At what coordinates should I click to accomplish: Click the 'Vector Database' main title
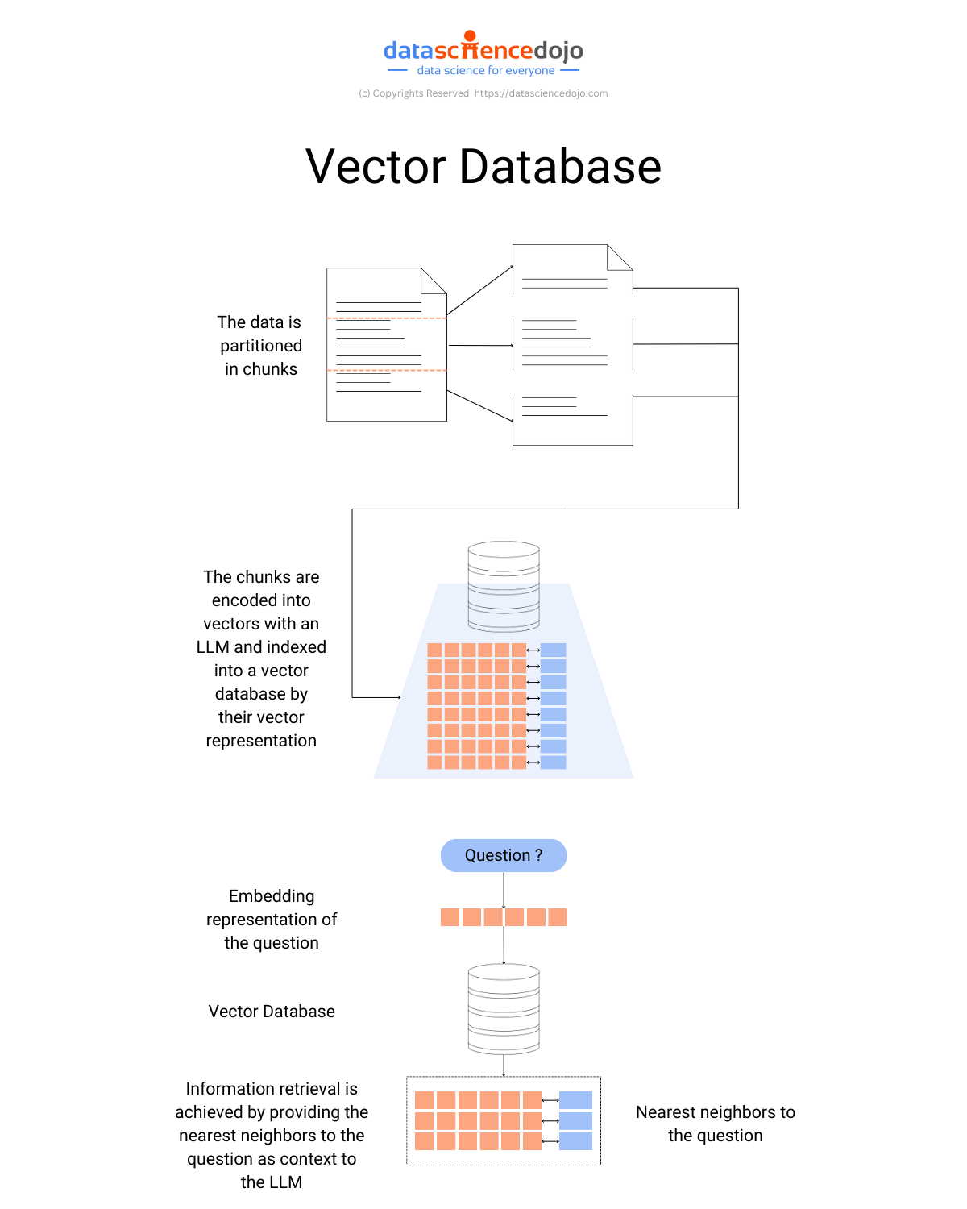[483, 167]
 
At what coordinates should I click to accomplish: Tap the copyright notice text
[483, 93]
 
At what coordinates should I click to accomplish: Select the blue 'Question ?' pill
[504, 855]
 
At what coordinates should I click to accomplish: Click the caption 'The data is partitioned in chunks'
[260, 346]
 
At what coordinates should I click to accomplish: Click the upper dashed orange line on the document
[387, 318]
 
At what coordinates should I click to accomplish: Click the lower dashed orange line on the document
[387, 370]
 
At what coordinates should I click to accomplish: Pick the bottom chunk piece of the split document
[572, 419]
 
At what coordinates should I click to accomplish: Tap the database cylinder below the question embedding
[504, 1009]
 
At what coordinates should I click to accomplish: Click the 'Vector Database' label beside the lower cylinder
[272, 1012]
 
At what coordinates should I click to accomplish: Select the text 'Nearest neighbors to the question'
[716, 1124]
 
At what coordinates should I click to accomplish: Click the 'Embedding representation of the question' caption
[272, 920]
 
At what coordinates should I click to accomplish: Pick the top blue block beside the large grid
[554, 650]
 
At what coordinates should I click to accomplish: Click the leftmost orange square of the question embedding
[450, 917]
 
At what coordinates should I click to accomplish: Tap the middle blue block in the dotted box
[575, 1120]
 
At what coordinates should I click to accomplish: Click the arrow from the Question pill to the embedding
[504, 890]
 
